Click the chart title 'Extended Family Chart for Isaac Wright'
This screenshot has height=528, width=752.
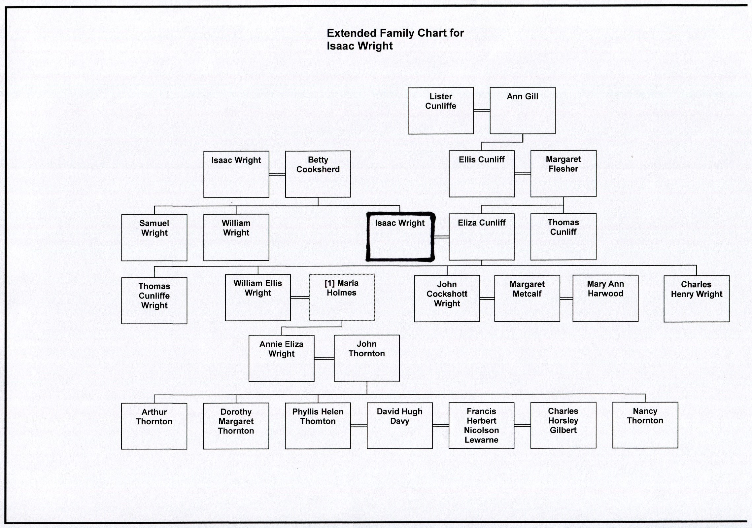395,39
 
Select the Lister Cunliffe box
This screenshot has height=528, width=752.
440,111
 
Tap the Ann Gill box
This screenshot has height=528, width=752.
522,111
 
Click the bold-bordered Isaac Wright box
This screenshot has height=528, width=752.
400,237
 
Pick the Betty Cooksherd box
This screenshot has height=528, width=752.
318,174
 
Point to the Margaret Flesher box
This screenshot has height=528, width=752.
563,174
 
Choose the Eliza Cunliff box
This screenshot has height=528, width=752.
481,237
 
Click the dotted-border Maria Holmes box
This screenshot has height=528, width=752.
342,297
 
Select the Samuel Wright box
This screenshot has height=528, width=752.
154,237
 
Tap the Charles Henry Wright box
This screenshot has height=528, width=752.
696,299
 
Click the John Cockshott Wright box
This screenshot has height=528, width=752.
447,299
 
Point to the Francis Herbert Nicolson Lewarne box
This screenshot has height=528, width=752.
481,425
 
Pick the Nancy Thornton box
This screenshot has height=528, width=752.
645,425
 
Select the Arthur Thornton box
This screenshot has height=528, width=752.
154,426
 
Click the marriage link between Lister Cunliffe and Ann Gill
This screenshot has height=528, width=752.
482,111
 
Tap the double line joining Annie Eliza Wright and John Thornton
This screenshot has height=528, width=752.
324,358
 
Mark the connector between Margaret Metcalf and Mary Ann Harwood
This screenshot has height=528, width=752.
566,299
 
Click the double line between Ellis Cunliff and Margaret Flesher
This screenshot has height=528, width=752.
522,174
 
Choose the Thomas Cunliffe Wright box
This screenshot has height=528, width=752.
154,300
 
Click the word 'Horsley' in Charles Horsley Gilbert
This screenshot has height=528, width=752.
563,421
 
